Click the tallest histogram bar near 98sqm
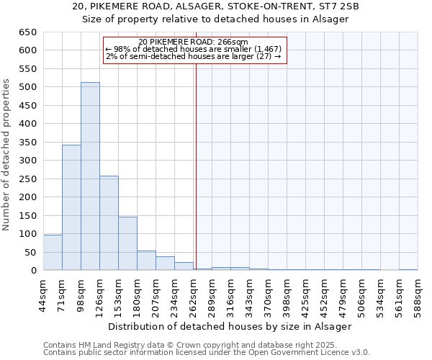90,176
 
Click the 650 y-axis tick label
27,32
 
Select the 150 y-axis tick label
27,216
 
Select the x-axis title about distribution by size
230,326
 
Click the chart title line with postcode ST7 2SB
216,6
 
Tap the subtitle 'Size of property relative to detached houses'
216,19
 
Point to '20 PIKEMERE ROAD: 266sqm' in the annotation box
193,42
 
